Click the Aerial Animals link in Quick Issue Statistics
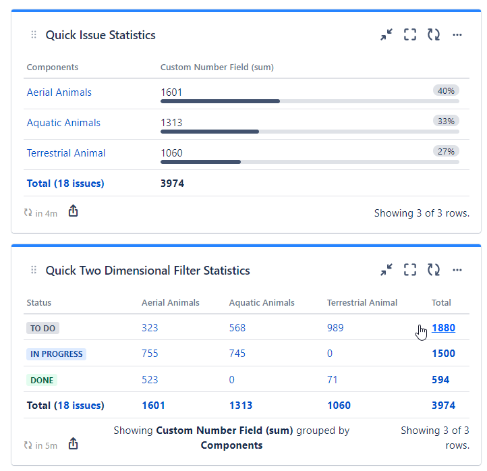click(59, 92)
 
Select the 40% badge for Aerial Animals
click(446, 90)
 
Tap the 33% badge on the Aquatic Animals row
click(446, 121)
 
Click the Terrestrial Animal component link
click(66, 153)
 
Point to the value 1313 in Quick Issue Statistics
click(171, 123)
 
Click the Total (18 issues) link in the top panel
click(65, 183)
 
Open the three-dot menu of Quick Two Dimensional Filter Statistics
click(457, 271)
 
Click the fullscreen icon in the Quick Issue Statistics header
click(410, 35)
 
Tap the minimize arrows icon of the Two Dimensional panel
click(386, 271)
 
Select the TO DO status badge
click(43, 328)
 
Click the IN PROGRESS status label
click(57, 354)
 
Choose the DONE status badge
click(42, 380)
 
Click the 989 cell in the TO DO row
click(335, 328)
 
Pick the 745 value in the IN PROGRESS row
click(237, 354)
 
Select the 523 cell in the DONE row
click(150, 380)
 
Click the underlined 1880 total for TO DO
click(443, 328)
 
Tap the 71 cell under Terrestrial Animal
click(333, 380)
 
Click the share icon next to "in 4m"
click(74, 212)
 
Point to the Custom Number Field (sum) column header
click(217, 67)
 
